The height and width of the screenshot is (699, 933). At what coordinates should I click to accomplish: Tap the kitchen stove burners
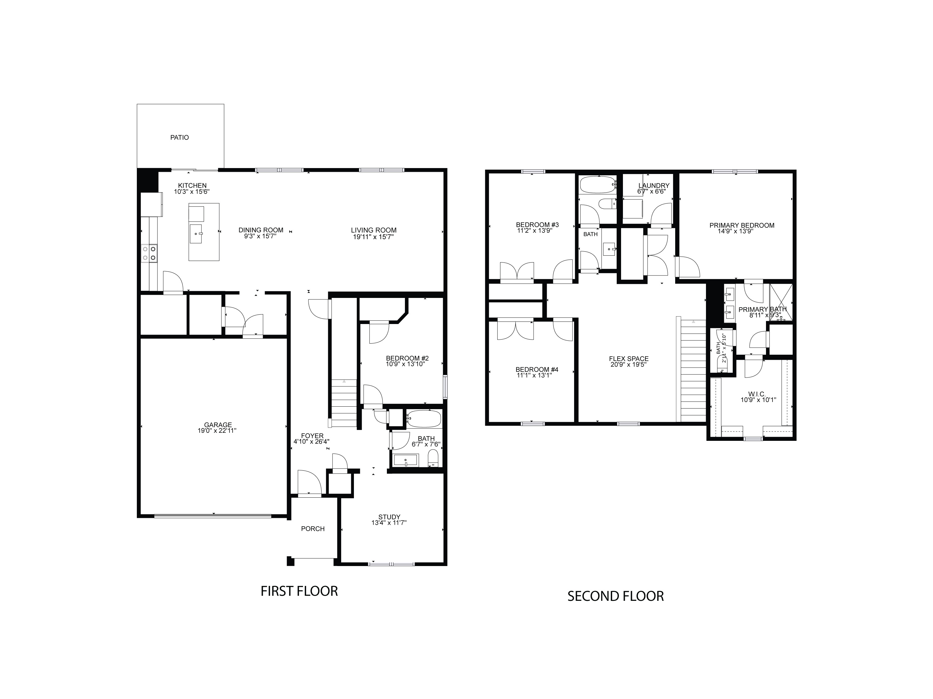149,253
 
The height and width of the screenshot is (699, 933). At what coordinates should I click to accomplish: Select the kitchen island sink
197,234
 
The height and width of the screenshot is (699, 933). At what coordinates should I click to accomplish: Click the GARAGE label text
218,425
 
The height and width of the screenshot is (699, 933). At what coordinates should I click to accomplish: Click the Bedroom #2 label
407,358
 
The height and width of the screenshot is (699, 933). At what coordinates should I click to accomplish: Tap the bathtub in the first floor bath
424,419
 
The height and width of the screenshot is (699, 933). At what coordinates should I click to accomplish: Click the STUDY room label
389,517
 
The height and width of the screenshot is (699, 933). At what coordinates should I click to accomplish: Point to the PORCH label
313,529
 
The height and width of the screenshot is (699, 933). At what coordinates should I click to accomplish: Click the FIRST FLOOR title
299,591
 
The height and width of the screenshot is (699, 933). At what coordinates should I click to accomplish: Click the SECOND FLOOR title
615,596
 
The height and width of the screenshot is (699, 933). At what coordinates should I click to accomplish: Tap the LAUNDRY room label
653,186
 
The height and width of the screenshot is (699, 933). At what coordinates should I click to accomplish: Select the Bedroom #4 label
536,369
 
